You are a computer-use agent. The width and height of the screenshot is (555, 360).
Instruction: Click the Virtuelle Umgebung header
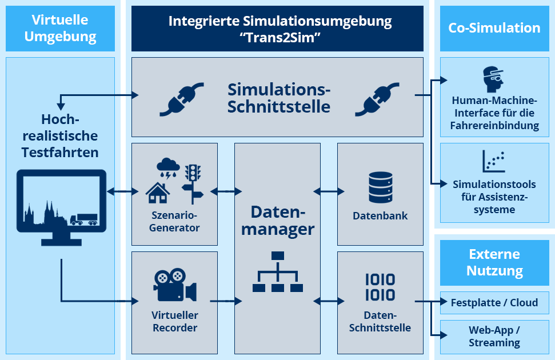(60, 29)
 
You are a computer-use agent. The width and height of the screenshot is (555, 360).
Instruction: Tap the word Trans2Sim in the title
(280, 37)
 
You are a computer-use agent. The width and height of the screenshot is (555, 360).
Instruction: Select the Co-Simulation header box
(494, 29)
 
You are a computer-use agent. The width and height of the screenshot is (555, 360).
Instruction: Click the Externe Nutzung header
(494, 263)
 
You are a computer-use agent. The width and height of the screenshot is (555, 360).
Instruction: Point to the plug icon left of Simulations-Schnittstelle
(182, 99)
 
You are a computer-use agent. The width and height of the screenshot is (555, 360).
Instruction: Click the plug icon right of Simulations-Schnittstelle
(377, 99)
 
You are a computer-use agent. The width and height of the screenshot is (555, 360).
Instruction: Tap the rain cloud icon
(168, 169)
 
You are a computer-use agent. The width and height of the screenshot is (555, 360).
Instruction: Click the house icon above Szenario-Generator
(158, 193)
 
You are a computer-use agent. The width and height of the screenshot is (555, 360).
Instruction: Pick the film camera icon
(175, 285)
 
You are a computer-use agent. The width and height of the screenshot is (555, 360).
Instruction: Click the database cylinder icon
(381, 187)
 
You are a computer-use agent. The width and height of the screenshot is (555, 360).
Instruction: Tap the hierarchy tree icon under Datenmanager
(278, 271)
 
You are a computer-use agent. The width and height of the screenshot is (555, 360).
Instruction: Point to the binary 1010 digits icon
(380, 287)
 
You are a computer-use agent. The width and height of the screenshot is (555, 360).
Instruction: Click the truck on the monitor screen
(84, 219)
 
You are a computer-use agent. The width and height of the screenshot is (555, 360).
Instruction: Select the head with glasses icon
(493, 79)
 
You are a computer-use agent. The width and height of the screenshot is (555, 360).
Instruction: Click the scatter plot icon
(493, 161)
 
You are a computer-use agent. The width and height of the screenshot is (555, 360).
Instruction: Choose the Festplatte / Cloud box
(494, 303)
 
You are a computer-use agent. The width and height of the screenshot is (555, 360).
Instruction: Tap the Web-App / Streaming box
(494, 337)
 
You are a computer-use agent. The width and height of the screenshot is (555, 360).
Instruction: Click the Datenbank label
(380, 215)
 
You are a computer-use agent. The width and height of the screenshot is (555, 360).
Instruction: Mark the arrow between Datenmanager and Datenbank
(329, 191)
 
